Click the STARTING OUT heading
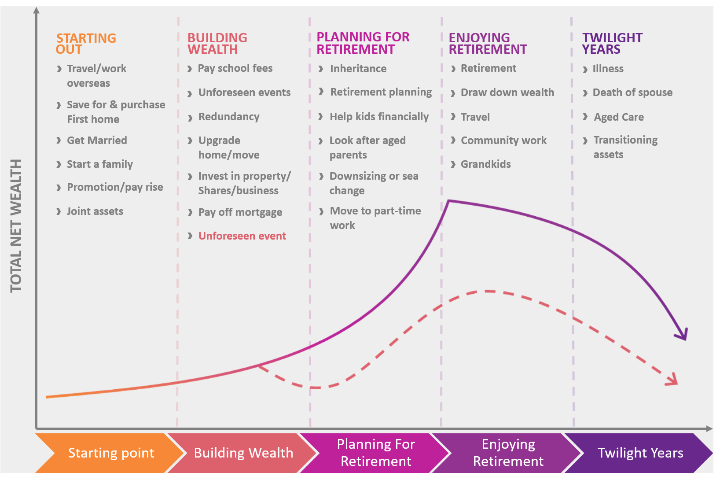(x=86, y=44)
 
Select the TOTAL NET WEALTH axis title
(x=16, y=225)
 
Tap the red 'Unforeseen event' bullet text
(x=242, y=236)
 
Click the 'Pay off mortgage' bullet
(x=240, y=212)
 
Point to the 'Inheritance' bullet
(x=358, y=69)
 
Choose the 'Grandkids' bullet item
(x=485, y=164)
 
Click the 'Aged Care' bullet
(x=618, y=117)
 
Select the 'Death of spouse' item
(x=632, y=92)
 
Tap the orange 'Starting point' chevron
(x=111, y=453)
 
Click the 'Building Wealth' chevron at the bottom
(x=243, y=453)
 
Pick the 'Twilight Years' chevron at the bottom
(x=640, y=453)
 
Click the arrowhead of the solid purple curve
(x=683, y=335)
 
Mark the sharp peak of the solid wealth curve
(x=448, y=201)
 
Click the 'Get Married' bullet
(x=97, y=140)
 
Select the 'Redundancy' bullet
(x=228, y=117)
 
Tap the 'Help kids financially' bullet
(x=379, y=117)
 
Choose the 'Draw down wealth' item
(x=507, y=92)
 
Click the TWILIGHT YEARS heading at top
(x=612, y=44)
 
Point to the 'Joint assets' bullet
(x=95, y=211)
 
